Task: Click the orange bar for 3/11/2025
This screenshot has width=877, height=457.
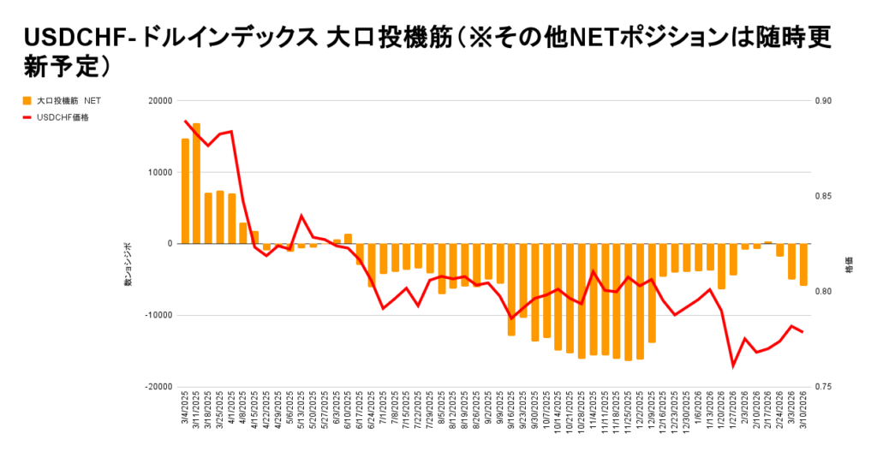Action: tap(197, 183)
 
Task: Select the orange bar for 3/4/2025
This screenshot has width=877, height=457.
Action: tap(185, 191)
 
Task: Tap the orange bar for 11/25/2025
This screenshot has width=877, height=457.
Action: tap(628, 302)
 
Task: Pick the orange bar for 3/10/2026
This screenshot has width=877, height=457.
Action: tap(803, 264)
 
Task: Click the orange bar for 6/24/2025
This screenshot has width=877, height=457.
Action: tap(372, 264)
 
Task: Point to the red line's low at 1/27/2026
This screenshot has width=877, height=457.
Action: tap(733, 365)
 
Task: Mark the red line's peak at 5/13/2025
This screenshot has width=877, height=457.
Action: tap(301, 216)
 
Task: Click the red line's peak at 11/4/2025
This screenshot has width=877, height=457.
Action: tap(594, 271)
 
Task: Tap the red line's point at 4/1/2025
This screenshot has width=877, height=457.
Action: tap(231, 131)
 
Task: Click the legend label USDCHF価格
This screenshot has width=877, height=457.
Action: tap(63, 117)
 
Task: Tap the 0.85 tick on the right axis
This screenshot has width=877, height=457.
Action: tap(824, 196)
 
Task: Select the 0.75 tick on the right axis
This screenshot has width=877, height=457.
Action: tap(824, 387)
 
